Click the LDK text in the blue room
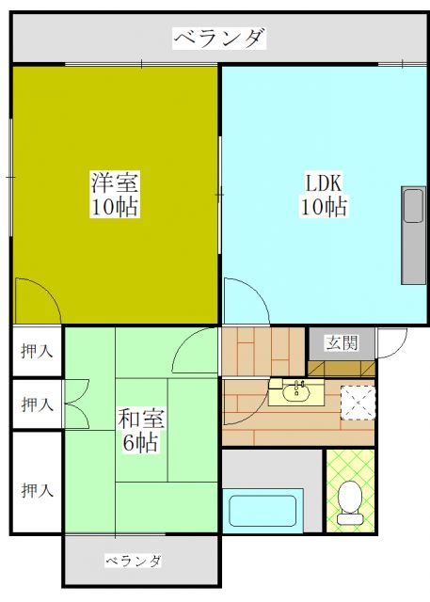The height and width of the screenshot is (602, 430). (x=323, y=182)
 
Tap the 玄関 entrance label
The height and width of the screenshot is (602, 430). (x=341, y=343)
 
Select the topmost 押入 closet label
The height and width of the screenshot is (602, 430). (x=38, y=351)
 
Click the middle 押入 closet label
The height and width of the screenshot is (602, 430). (x=38, y=404)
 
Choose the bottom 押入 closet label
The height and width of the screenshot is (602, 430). (x=38, y=490)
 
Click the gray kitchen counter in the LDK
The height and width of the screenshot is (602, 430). (x=413, y=235)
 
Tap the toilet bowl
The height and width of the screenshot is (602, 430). (x=350, y=501)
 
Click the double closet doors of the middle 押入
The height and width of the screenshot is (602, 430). (x=75, y=404)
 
